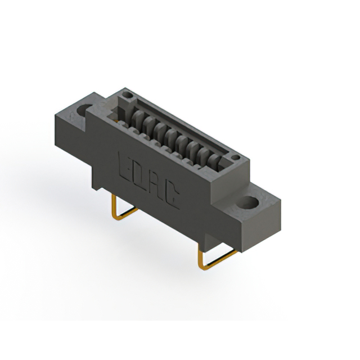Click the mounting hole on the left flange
coord(84,110)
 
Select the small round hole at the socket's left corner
coord(128,94)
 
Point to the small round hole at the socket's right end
coord(235,157)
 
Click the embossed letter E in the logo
coord(125,166)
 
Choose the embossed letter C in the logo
coord(172,195)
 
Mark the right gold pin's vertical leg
coord(200,255)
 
